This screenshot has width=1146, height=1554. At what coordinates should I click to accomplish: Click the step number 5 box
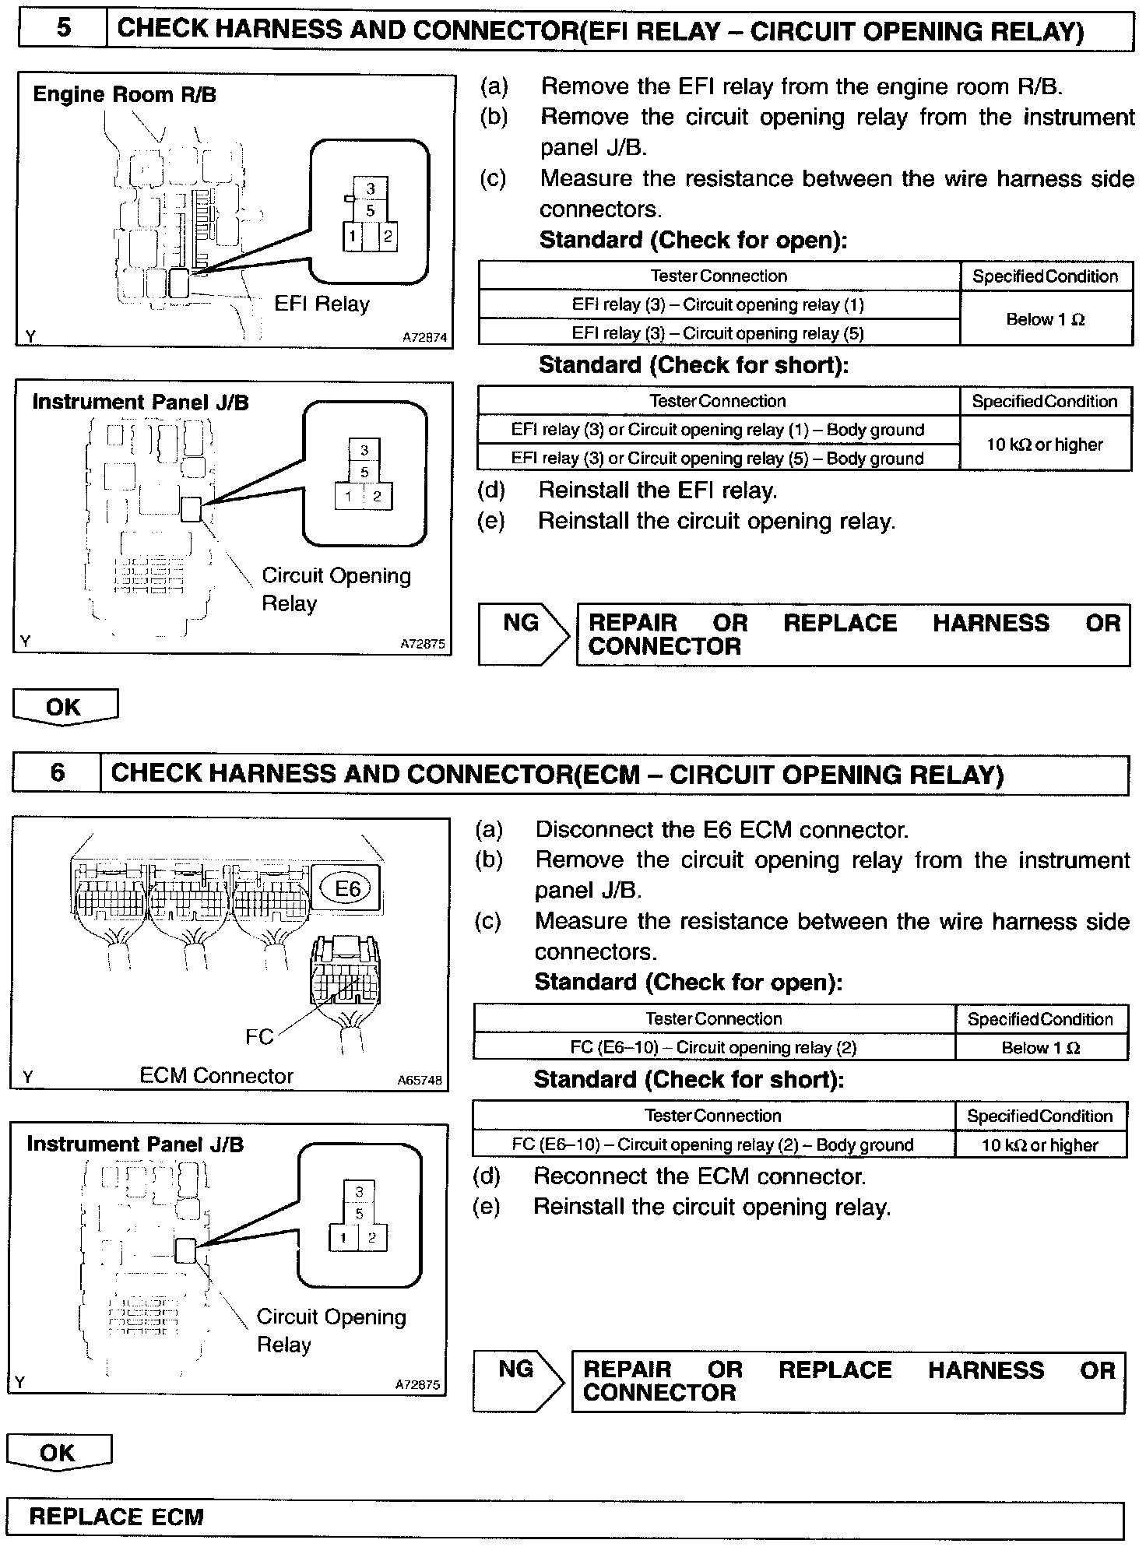click(x=62, y=29)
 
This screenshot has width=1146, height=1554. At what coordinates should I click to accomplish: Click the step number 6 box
click(x=57, y=773)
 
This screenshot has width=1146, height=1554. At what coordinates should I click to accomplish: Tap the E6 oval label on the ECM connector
click(x=346, y=888)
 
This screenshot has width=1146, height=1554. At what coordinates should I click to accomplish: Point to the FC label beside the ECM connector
click(x=259, y=1037)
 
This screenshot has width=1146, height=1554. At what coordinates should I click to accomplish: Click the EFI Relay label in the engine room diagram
click(x=322, y=304)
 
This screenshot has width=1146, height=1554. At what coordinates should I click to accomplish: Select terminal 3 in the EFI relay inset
click(x=371, y=188)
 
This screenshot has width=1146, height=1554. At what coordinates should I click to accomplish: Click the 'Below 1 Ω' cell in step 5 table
click(x=1046, y=319)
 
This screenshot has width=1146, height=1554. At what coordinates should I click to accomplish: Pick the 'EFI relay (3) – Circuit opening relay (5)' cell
click(x=718, y=333)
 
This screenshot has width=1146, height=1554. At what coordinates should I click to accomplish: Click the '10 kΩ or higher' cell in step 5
click(x=1045, y=445)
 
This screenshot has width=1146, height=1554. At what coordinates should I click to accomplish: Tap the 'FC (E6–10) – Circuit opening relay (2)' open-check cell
click(x=713, y=1048)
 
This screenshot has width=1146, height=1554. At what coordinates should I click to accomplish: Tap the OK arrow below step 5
click(x=65, y=707)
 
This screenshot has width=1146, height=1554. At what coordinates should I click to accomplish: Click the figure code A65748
click(x=419, y=1081)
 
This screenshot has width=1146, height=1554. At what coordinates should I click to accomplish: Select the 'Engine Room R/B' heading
click(x=125, y=95)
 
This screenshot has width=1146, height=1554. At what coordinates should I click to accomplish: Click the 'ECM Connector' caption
click(x=216, y=1076)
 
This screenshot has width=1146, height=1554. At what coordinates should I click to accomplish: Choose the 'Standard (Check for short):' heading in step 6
click(x=688, y=1080)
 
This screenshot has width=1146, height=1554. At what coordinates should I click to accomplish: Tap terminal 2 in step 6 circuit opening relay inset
click(x=372, y=1238)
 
